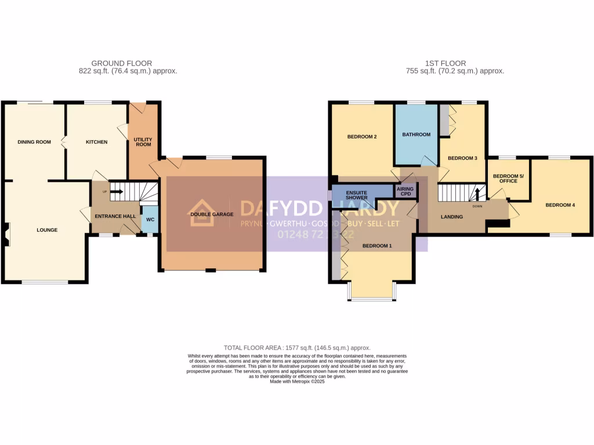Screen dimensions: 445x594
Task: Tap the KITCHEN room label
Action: click(96, 142)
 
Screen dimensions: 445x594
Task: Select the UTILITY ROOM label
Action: click(142, 142)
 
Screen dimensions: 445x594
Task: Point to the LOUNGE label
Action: click(47, 230)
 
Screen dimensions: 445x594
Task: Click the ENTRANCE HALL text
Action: click(115, 216)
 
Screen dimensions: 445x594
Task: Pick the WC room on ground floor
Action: click(150, 220)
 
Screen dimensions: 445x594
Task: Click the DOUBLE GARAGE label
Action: click(212, 214)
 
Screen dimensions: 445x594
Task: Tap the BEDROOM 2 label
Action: click(362, 137)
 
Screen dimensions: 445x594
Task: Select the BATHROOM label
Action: click(416, 134)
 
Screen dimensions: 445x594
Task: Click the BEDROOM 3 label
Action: click(462, 158)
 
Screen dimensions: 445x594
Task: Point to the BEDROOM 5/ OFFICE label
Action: click(504, 178)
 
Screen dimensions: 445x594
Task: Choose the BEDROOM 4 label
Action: click(560, 205)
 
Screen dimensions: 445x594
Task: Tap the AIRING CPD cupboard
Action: click(404, 191)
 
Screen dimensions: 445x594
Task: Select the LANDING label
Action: click(452, 217)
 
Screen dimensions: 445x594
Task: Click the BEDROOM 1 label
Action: click(377, 246)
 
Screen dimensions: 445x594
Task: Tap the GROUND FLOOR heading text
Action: click(122, 63)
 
